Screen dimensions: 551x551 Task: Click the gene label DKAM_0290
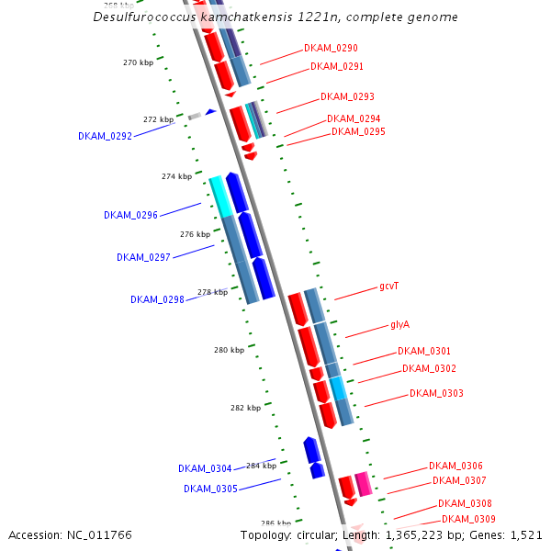331,48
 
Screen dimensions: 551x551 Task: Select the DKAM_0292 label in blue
105,136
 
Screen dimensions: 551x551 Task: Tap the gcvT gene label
388,287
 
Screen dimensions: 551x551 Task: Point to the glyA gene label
399,324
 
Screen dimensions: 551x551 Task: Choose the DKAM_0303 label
436,393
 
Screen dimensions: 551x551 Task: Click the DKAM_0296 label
130,215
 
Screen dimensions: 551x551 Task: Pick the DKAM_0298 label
157,299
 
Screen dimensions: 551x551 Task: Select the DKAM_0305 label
210,489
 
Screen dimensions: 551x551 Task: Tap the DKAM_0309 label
468,520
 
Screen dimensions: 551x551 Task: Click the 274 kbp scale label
176,176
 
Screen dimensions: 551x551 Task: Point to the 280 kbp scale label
230,350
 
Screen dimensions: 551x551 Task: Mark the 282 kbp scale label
245,408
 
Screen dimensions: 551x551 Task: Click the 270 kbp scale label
138,62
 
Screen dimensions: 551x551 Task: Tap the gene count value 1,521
525,535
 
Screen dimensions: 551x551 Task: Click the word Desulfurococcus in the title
139,17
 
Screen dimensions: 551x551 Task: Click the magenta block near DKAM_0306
364,484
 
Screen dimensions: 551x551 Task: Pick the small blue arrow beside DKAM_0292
210,112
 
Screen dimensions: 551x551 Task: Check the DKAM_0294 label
354,118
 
